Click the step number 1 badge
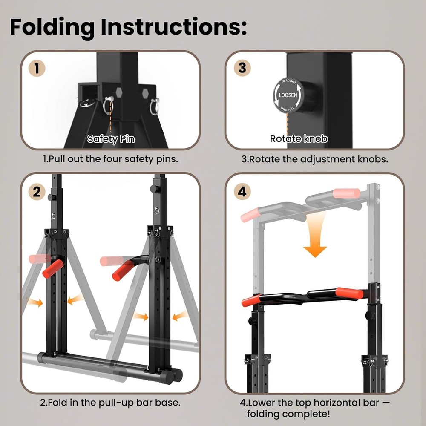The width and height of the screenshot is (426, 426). click(x=37, y=69)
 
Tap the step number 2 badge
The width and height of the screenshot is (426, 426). click(x=37, y=191)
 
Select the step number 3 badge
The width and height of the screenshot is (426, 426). click(x=242, y=69)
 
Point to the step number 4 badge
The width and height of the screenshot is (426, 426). click(x=242, y=191)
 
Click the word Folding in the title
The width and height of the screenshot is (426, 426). click(x=52, y=27)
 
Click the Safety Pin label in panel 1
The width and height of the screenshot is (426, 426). click(x=111, y=139)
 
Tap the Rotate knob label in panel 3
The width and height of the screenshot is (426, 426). click(x=299, y=139)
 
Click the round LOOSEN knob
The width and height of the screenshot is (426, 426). click(x=288, y=95)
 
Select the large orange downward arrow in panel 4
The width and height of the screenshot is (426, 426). click(x=315, y=239)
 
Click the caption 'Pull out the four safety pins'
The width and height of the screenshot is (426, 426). click(x=110, y=159)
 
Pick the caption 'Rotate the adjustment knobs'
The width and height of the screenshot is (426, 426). click(x=314, y=159)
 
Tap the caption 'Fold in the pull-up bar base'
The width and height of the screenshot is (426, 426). click(x=110, y=402)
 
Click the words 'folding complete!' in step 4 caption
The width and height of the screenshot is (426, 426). click(x=288, y=414)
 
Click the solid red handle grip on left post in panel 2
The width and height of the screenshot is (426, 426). click(x=53, y=269)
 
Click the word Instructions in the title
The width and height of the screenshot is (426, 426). click(x=173, y=27)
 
